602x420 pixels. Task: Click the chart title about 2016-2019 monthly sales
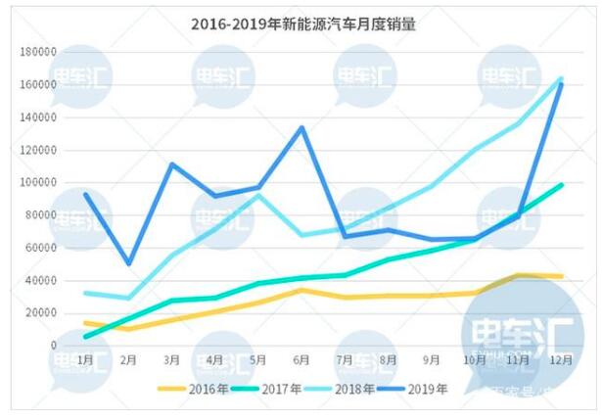(x=302, y=25)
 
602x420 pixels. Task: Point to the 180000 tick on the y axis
(x=38, y=52)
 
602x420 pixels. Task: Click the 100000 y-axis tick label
(x=38, y=182)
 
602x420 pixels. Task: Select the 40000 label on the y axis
(x=41, y=280)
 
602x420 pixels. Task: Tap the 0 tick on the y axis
(x=54, y=346)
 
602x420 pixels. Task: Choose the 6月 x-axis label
(x=301, y=360)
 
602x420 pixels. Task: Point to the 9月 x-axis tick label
(x=432, y=360)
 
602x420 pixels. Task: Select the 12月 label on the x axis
(x=560, y=360)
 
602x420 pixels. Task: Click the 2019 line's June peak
(x=302, y=127)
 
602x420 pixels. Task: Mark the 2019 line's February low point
(x=129, y=263)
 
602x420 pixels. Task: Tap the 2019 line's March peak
(x=172, y=164)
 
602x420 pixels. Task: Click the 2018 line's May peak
(x=258, y=195)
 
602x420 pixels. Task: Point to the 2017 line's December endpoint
(x=561, y=184)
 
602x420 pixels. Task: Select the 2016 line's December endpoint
(x=561, y=276)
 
